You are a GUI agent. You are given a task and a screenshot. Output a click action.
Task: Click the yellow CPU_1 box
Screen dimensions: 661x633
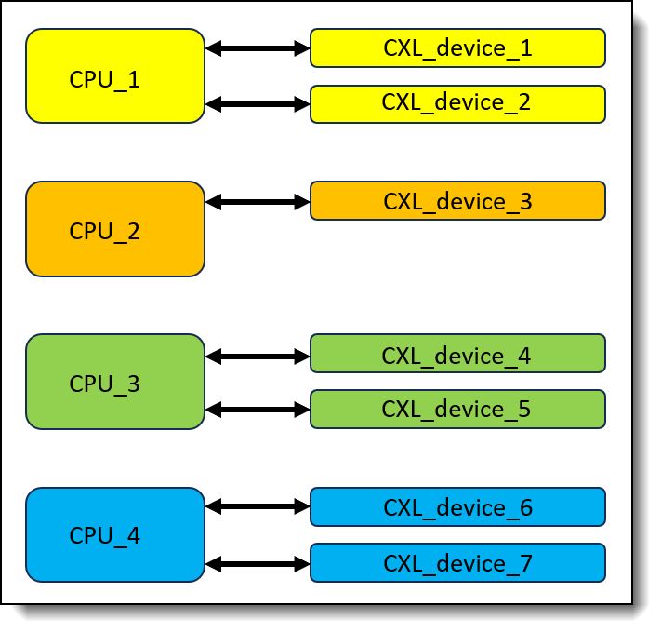point(115,76)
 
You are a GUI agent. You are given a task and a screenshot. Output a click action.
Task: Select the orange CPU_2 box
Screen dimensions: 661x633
point(115,229)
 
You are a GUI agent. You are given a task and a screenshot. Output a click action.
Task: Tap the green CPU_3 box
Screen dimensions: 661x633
point(115,382)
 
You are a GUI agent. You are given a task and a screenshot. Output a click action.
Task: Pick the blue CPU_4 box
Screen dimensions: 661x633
point(115,534)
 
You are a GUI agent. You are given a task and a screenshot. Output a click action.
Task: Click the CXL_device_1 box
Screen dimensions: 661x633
point(457,48)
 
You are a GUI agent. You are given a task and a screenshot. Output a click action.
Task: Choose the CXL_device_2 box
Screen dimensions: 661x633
point(457,104)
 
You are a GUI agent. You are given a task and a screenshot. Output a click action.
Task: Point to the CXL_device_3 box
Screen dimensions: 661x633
point(457,201)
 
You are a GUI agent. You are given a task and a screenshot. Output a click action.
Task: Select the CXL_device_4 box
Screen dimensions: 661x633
point(457,354)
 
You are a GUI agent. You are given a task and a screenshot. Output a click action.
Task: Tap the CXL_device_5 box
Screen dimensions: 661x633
point(457,410)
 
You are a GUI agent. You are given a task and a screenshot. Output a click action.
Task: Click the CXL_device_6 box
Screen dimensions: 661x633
point(457,506)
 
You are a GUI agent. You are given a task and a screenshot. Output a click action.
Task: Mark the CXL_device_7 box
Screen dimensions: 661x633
point(457,563)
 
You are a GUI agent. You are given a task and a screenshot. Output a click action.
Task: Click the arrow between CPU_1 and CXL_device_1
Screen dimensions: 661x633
point(258,48)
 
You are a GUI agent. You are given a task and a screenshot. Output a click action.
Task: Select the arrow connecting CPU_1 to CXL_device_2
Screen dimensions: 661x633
point(258,104)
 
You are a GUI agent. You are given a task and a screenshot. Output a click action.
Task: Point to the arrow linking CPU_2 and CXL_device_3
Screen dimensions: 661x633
point(258,202)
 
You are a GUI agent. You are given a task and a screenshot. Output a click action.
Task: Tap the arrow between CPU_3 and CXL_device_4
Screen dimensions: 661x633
point(258,357)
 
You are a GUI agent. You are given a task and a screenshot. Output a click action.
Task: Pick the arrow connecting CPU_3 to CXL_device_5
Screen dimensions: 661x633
point(258,410)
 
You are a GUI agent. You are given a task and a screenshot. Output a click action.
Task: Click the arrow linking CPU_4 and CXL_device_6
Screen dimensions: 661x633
point(258,506)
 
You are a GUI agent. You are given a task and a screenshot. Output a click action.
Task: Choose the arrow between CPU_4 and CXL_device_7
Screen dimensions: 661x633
point(258,564)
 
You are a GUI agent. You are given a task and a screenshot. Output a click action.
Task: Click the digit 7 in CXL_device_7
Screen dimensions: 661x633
point(525,564)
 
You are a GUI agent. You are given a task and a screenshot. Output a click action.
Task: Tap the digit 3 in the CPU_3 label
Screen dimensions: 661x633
point(133,384)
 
